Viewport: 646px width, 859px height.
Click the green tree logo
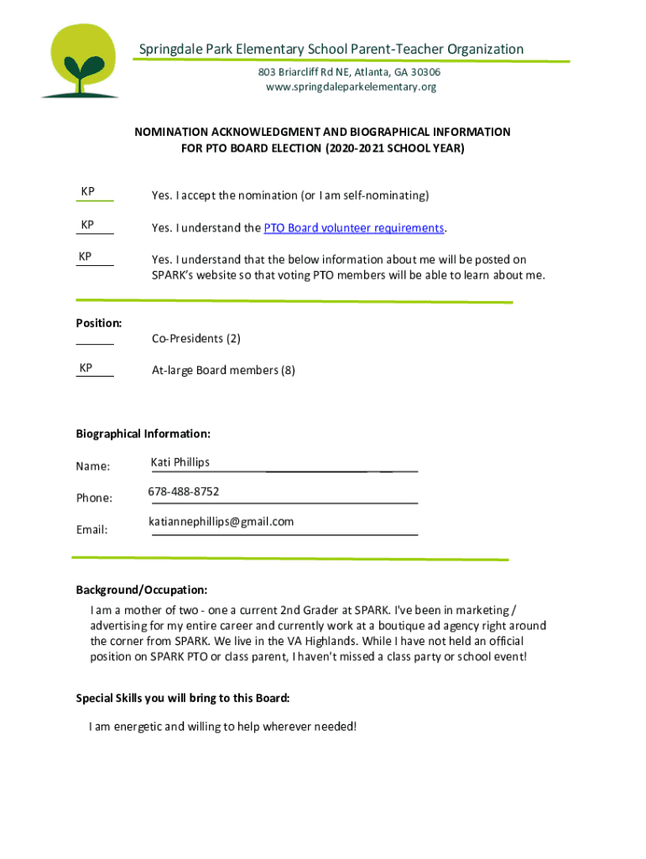[80, 61]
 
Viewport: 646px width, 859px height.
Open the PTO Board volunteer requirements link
[353, 228]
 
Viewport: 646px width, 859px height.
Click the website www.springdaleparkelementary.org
[351, 87]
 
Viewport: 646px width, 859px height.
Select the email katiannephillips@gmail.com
[221, 522]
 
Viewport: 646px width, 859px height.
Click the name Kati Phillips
[180, 462]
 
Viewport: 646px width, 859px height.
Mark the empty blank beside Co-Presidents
[95, 339]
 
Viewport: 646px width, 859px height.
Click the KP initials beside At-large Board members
[86, 368]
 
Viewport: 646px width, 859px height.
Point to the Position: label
[99, 323]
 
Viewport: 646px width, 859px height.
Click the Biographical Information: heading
[143, 434]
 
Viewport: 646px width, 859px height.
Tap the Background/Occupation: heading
[142, 590]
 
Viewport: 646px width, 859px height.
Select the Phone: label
[94, 498]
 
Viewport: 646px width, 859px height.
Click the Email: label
[92, 530]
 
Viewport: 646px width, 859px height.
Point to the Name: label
[93, 466]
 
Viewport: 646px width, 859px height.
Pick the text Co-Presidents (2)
[195, 339]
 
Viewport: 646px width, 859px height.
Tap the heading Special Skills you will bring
[183, 698]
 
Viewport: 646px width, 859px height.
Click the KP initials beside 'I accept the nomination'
[87, 192]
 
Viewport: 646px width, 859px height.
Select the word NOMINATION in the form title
[174, 133]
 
